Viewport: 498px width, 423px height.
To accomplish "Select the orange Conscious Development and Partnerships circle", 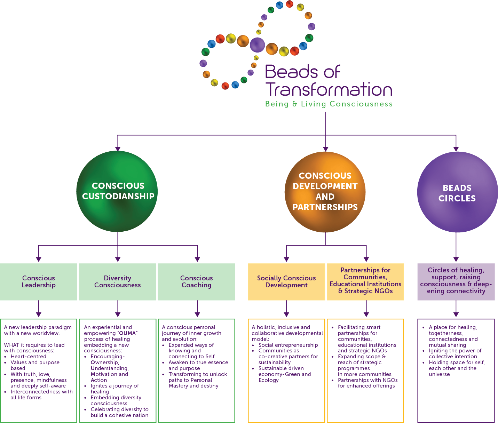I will click(325, 192).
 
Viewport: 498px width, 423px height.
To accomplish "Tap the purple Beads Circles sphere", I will click(457, 192).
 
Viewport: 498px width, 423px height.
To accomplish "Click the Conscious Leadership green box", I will click(39, 282).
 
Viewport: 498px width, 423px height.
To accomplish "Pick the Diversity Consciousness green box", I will click(118, 282).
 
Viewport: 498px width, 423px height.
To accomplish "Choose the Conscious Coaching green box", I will click(197, 282).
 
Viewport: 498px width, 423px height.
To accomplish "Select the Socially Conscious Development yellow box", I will click(286, 282).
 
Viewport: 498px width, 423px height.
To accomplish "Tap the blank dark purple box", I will click(456, 282).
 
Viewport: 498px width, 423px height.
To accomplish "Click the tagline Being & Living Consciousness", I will click(329, 104).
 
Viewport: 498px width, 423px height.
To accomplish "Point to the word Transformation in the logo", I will click(329, 89).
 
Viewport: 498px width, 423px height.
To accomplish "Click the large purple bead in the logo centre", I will click(257, 45).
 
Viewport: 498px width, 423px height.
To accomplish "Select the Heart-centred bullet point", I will click(28, 357).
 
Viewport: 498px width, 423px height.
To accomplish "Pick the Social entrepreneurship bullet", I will click(288, 345).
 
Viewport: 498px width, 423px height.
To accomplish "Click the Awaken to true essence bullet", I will click(198, 365).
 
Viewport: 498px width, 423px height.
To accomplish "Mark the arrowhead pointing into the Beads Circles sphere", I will click(456, 149).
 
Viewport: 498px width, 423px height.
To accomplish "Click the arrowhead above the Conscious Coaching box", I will click(197, 259).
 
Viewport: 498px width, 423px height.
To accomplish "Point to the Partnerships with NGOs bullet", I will click(367, 383).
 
